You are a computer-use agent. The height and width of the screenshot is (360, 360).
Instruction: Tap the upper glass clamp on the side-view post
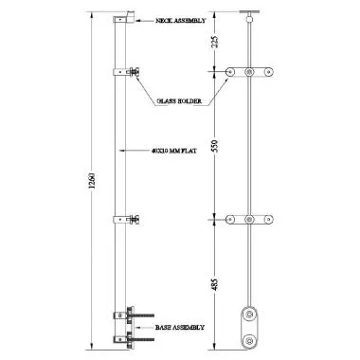(127, 72)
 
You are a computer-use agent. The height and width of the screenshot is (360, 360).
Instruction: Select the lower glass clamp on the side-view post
(127, 220)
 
